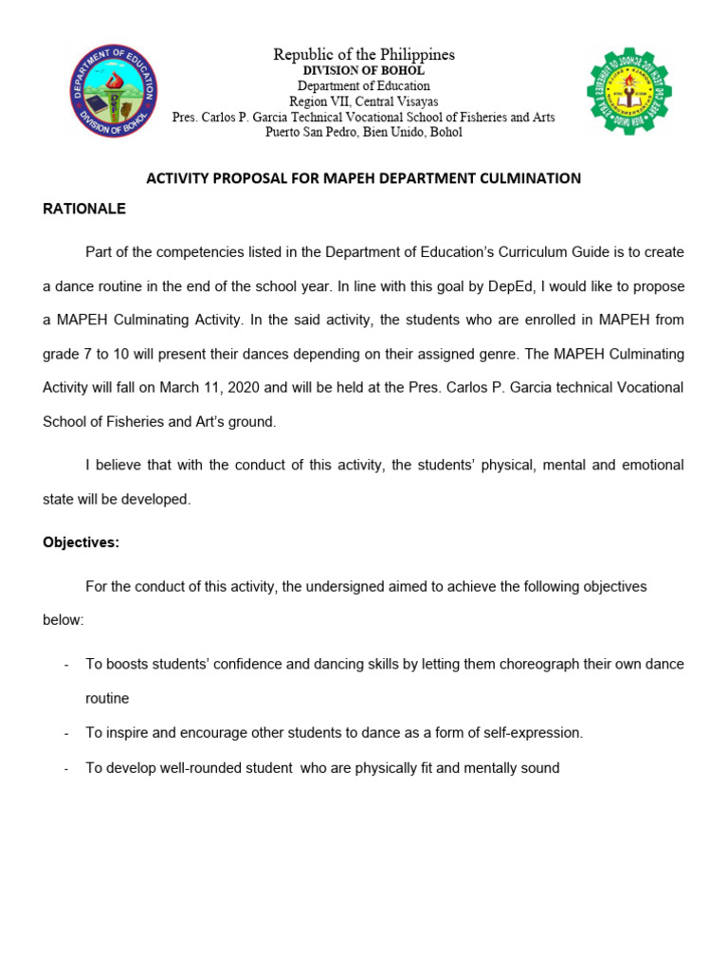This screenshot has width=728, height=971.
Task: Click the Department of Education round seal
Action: tap(114, 91)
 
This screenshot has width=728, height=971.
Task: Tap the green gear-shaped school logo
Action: tap(628, 92)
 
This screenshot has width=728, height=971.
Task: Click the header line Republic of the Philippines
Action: tap(364, 55)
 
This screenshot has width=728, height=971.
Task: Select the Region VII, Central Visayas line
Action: tap(364, 101)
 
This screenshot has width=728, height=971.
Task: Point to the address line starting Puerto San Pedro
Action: tap(364, 132)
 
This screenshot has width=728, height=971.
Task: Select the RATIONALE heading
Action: tap(84, 209)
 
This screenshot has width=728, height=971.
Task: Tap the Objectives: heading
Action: tap(81, 543)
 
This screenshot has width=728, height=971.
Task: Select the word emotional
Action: tap(651, 465)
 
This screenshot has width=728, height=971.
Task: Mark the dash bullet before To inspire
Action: tap(65, 733)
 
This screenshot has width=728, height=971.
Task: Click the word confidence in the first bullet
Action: tap(250, 664)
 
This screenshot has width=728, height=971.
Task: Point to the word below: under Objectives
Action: tap(63, 620)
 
